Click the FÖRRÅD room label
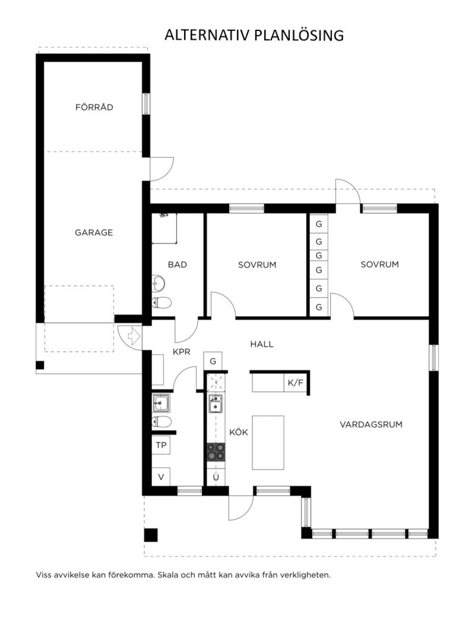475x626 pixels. (94, 107)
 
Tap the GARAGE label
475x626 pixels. (94, 233)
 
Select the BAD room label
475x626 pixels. (177, 264)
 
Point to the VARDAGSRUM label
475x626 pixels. (371, 424)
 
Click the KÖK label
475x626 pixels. (239, 432)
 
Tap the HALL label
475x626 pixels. (262, 344)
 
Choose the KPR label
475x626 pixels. (181, 352)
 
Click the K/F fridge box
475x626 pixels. (295, 383)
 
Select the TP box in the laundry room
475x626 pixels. (161, 445)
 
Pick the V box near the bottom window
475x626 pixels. (161, 477)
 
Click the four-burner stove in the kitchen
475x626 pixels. (216, 452)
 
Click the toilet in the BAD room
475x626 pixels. (161, 303)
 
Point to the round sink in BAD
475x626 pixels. (158, 283)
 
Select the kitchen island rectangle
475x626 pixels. (268, 443)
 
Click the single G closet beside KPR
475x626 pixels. (213, 361)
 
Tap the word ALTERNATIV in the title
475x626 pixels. (207, 35)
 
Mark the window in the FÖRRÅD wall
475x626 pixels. (146, 104)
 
